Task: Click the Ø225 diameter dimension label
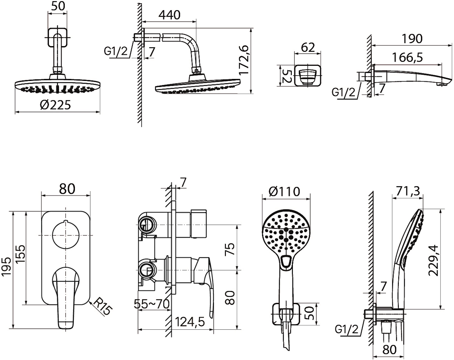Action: [55, 105]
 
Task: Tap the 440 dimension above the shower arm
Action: [169, 15]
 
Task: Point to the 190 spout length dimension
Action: [412, 39]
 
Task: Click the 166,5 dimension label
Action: [407, 57]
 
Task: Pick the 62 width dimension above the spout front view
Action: [308, 47]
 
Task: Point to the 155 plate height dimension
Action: [21, 254]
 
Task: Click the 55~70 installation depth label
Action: [152, 304]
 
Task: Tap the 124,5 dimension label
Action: [190, 322]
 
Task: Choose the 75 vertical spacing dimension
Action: [230, 249]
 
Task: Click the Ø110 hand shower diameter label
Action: [285, 191]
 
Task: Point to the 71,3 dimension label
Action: [408, 191]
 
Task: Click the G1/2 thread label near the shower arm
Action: [116, 51]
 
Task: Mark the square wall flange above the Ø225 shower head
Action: [58, 37]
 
